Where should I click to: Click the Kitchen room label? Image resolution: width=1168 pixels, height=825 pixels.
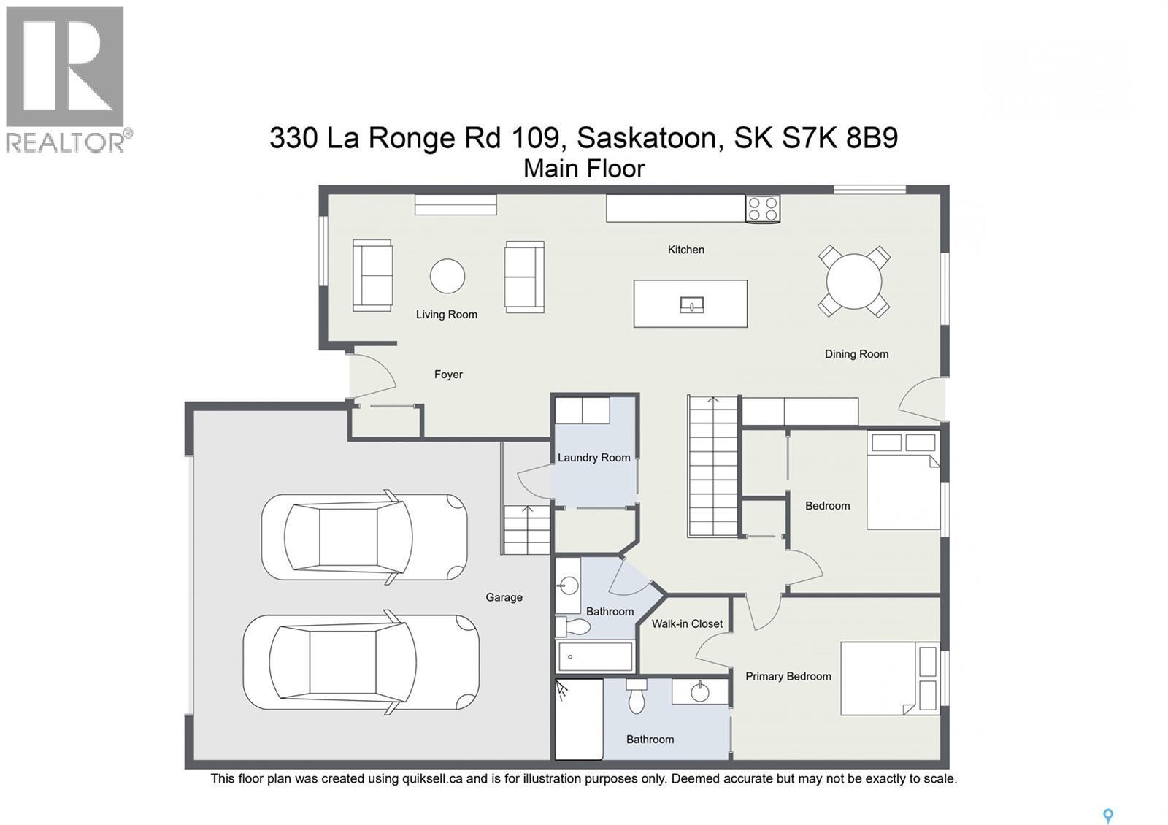685,250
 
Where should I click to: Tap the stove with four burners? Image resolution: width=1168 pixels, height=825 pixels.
762,209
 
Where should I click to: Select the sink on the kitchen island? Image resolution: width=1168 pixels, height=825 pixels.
692,304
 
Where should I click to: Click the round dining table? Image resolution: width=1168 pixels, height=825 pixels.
854,281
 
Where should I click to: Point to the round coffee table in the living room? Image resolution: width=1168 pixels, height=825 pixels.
447,277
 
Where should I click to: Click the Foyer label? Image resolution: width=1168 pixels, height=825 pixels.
448,375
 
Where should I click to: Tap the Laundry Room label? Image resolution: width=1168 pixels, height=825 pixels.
594,458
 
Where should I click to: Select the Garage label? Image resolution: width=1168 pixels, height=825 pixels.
504,598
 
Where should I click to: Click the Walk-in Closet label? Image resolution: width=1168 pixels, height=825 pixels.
687,623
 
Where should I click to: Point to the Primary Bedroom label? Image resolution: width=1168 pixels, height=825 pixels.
788,676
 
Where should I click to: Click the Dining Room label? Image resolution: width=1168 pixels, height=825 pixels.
857,354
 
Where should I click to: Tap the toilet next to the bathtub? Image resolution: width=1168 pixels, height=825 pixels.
572,626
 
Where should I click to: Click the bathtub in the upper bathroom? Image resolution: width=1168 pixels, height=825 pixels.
595,656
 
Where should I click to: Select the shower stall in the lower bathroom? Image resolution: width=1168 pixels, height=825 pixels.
579,718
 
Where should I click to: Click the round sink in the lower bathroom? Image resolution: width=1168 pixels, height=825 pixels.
700,693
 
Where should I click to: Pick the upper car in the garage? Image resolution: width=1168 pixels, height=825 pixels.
364,537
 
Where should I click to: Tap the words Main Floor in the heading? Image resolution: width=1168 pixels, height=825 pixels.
584,169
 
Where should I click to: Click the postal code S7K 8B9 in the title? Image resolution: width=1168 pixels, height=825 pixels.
840,138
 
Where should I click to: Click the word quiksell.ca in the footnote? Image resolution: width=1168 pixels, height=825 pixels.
432,779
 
